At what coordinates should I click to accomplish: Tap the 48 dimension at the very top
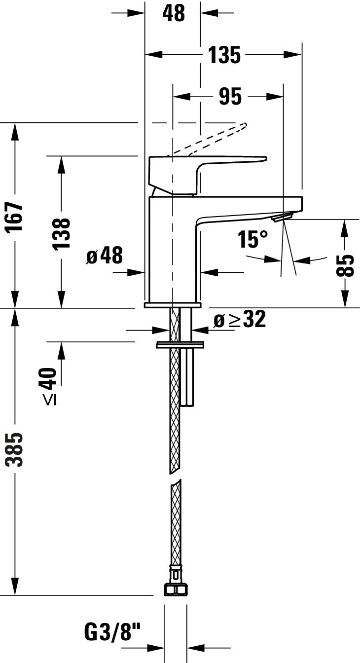tap(173, 13)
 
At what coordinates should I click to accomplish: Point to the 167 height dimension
tap(16, 216)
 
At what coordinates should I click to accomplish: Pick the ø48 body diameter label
tap(104, 256)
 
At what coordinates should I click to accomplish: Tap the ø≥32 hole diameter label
tap(240, 320)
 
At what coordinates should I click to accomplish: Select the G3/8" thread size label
tap(113, 632)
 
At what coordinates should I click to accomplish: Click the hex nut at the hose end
tap(175, 589)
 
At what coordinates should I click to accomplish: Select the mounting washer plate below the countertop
tap(180, 344)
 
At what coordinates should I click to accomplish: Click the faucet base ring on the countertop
tap(173, 305)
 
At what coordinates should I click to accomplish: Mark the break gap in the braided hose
tap(175, 477)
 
